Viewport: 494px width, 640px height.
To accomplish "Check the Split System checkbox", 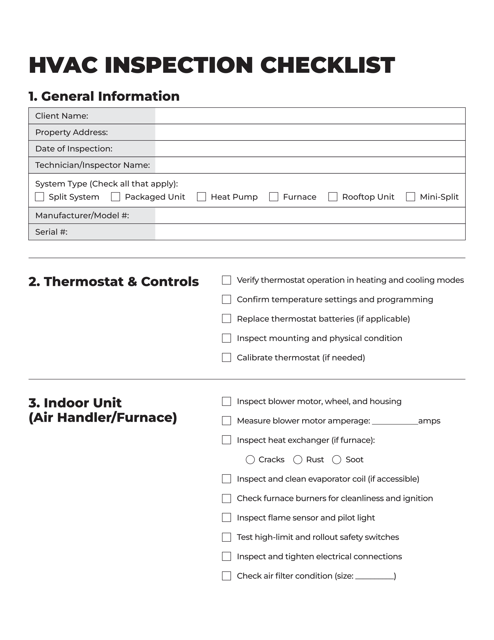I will [x=40, y=197].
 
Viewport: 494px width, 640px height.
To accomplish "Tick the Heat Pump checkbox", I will [x=201, y=197].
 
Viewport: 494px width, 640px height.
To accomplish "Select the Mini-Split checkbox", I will [x=410, y=197].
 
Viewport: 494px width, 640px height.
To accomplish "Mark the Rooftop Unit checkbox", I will [x=333, y=197].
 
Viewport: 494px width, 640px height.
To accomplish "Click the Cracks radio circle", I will [x=250, y=459].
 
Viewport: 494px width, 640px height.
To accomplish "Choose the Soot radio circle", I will [x=337, y=459].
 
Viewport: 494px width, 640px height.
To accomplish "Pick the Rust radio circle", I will [x=298, y=459].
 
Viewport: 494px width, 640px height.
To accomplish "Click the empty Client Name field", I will [x=310, y=116].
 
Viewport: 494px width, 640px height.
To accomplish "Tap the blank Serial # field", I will [x=310, y=232].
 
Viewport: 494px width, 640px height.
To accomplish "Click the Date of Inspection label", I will [x=74, y=149].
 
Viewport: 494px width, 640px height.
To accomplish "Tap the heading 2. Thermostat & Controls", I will [x=114, y=281].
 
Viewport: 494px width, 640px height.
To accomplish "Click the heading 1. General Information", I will [x=104, y=96].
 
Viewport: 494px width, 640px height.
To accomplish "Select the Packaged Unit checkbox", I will [x=116, y=197].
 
